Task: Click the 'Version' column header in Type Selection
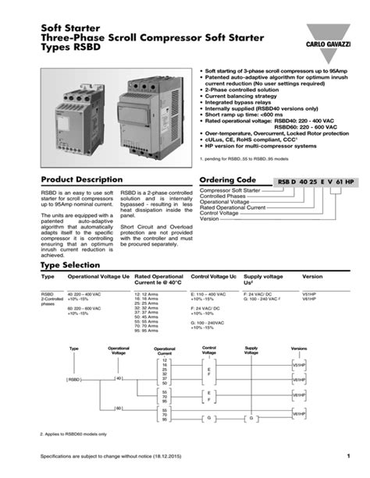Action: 312,277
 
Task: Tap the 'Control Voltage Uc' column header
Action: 213,277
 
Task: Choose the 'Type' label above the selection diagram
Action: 74,349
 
